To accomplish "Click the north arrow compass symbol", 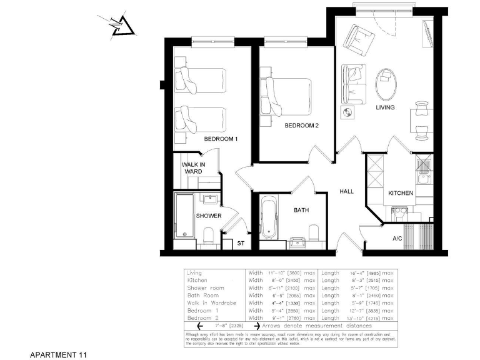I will (121, 26).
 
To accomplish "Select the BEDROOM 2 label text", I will (301, 125).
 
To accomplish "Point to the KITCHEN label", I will (400, 193).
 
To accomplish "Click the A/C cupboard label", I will (397, 239).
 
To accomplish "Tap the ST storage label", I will (241, 243).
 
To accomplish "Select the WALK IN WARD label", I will (192, 168).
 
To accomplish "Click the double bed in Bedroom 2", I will (289, 95).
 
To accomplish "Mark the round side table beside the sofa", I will (347, 112).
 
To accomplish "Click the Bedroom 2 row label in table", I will (203, 318).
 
